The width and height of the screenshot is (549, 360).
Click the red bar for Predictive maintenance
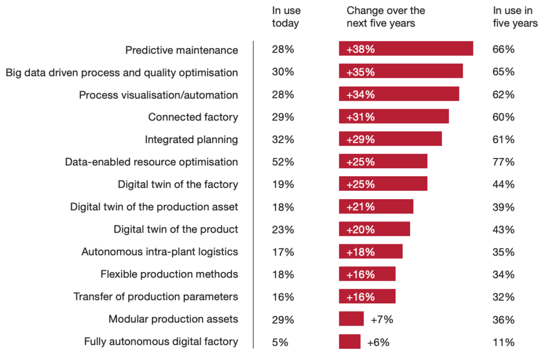click(x=405, y=49)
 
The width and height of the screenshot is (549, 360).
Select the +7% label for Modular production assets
click(x=382, y=319)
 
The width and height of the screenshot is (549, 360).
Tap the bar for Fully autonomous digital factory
click(x=350, y=342)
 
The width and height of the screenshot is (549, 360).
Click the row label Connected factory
click(x=193, y=117)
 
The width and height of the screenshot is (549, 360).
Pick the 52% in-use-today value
click(x=283, y=162)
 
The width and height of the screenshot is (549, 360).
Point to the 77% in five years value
click(x=503, y=162)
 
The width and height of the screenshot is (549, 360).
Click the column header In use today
click(x=286, y=17)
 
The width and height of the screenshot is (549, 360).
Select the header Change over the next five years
click(x=385, y=17)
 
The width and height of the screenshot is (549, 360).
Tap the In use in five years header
click(x=515, y=17)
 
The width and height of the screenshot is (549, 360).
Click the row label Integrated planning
click(x=191, y=139)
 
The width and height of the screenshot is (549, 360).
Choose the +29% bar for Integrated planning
click(x=390, y=139)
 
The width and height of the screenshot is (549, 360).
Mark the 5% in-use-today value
click(x=280, y=342)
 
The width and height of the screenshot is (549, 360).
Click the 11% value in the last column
click(x=503, y=342)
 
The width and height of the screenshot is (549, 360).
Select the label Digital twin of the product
click(x=176, y=229)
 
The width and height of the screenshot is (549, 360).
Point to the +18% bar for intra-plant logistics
click(x=370, y=252)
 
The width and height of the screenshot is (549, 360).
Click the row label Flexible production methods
click(x=169, y=274)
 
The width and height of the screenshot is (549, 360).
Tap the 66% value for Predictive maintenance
click(x=503, y=49)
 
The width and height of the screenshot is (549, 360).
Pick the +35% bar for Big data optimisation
click(x=400, y=72)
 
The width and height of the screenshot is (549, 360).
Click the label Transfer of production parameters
click(x=155, y=297)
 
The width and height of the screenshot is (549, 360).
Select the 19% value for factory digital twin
click(x=283, y=184)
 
